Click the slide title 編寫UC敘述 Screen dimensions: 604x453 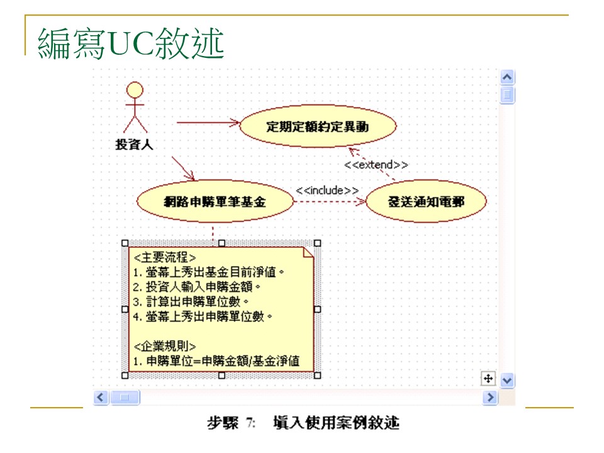pyautogui.click(x=131, y=43)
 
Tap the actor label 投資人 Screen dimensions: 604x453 pyautogui.click(x=134, y=144)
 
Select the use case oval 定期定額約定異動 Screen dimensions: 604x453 pyautogui.click(x=318, y=126)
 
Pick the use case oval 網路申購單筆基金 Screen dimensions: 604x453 pyautogui.click(x=215, y=202)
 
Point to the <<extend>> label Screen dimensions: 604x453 pyautogui.click(x=376, y=165)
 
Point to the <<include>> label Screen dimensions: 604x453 pyautogui.click(x=327, y=190)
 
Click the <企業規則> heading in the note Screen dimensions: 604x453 pyautogui.click(x=165, y=347)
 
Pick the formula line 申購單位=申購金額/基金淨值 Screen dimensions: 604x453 pyautogui.click(x=215, y=362)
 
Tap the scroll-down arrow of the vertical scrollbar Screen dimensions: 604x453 pyautogui.click(x=507, y=380)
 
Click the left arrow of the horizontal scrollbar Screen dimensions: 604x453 pyautogui.click(x=101, y=397)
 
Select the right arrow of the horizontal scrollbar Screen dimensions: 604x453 pyautogui.click(x=490, y=397)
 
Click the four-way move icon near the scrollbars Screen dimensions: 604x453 pyautogui.click(x=488, y=378)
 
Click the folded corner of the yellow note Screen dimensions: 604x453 pyautogui.click(x=308, y=252)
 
